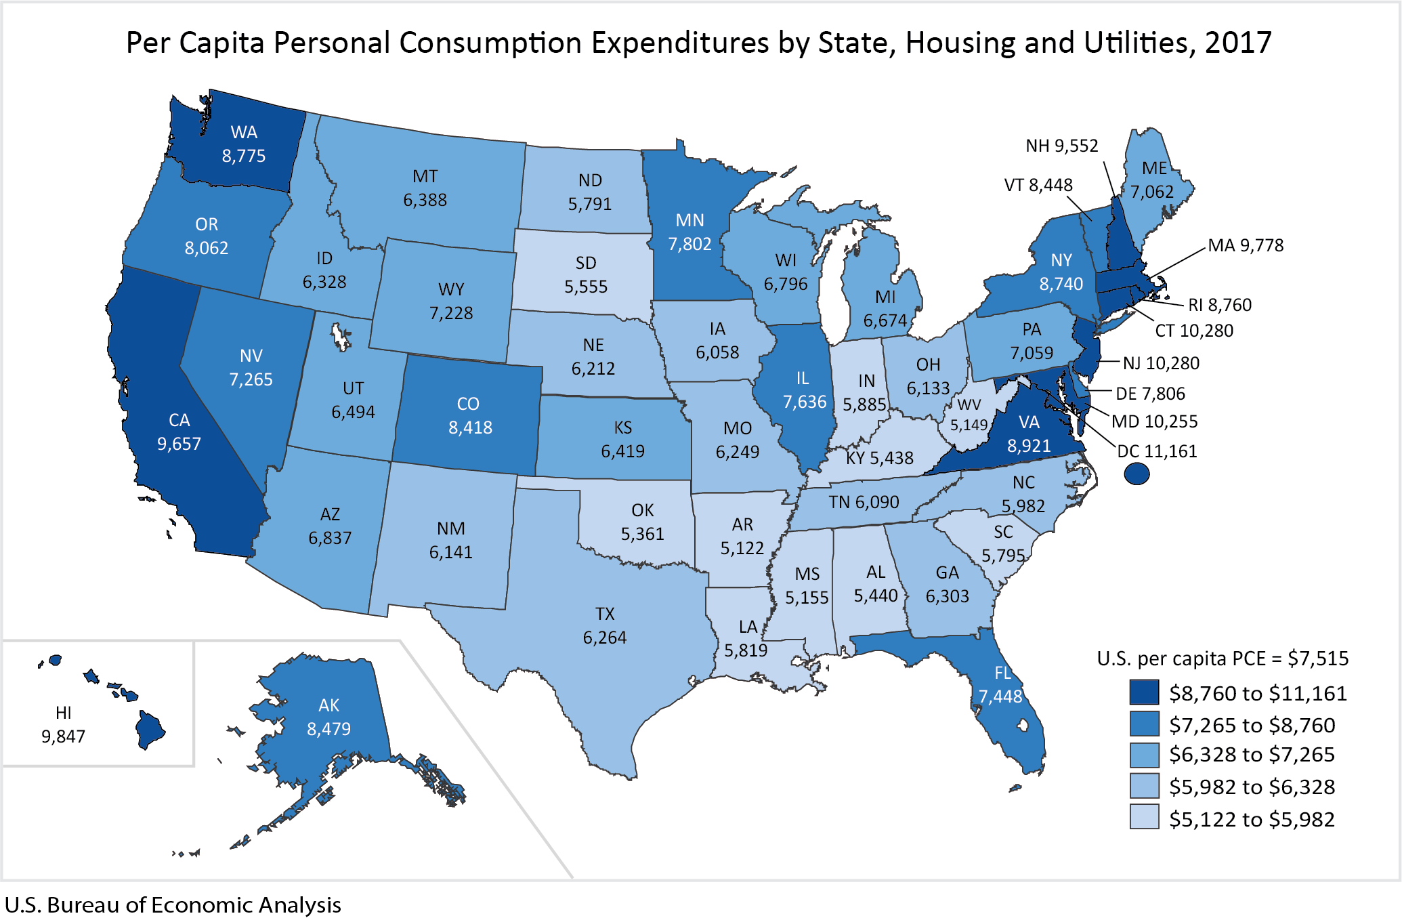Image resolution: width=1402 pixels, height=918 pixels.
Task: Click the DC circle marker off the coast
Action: (1137, 474)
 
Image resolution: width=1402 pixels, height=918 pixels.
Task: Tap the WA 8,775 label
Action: (244, 144)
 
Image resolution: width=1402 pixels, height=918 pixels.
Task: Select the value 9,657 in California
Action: (179, 444)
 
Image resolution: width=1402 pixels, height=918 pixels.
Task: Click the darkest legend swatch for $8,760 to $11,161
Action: (1144, 692)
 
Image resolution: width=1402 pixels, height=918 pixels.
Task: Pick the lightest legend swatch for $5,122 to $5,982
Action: (1144, 817)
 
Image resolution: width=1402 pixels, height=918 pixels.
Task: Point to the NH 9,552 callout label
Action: (1061, 146)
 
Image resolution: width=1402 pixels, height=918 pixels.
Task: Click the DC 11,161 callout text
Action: (1157, 451)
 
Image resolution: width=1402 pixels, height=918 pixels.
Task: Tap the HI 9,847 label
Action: (63, 724)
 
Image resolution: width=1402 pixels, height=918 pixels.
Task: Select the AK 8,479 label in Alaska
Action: (328, 717)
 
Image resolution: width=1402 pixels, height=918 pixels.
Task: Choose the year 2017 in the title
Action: (1238, 43)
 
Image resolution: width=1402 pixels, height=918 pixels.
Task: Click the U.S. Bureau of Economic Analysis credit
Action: (173, 904)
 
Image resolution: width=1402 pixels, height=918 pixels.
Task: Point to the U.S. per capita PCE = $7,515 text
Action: (1223, 658)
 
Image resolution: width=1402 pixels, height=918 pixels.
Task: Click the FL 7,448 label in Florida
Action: (1001, 684)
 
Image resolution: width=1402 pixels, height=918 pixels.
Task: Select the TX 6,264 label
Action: (605, 625)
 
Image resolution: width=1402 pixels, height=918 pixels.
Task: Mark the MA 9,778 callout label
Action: (1246, 245)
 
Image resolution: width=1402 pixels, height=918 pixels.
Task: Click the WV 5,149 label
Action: (969, 415)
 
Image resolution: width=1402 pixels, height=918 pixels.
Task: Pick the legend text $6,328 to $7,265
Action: (1252, 754)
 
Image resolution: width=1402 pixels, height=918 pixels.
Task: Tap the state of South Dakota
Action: (586, 274)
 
